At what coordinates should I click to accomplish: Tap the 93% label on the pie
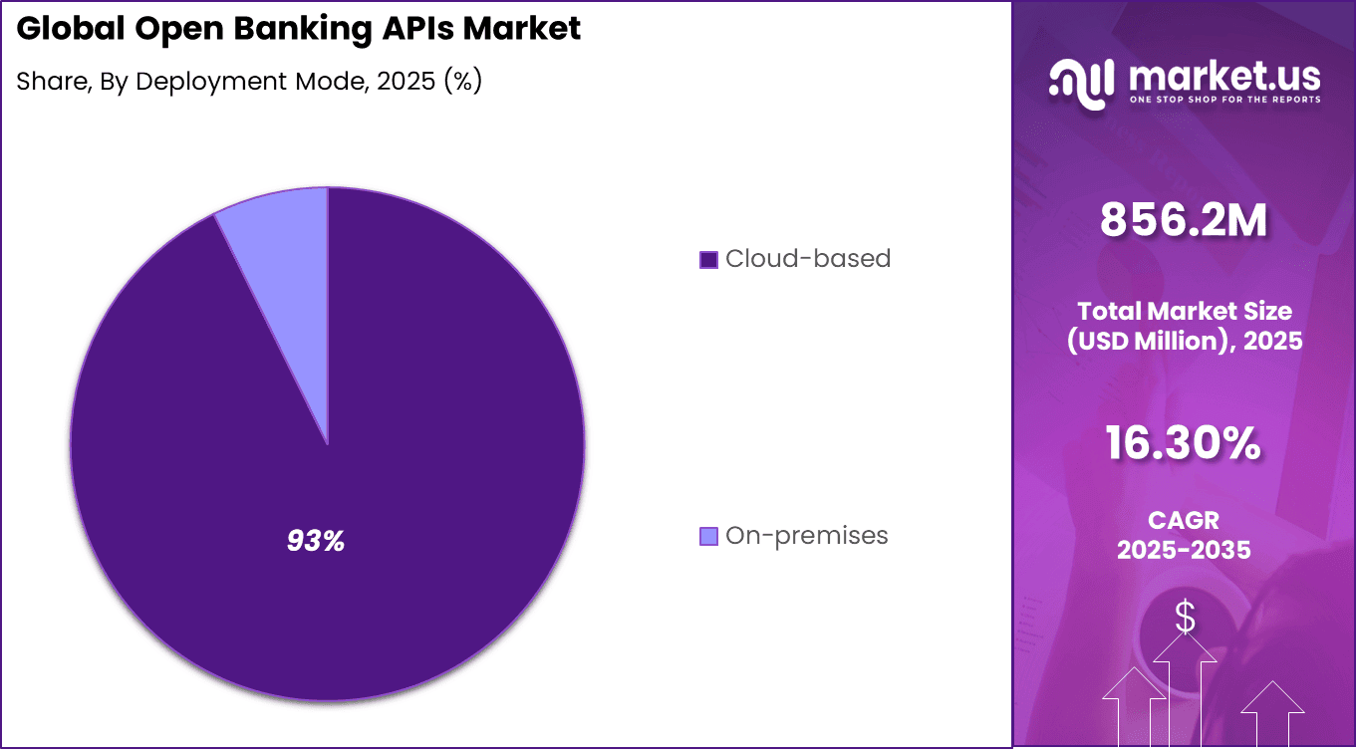pos(315,541)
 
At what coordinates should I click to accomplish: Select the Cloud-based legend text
pos(808,259)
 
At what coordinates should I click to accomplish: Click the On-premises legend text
pos(806,536)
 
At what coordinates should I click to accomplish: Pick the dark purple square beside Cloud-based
pos(709,260)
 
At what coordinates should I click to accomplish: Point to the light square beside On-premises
pos(709,537)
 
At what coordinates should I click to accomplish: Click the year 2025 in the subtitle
pos(404,82)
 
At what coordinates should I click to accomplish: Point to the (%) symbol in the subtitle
pos(462,82)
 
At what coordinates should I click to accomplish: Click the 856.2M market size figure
pos(1184,220)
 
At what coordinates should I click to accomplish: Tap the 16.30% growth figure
pos(1184,443)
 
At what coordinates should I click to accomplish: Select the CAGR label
pos(1184,520)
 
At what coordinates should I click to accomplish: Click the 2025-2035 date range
pos(1184,549)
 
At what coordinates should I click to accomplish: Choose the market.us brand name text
pos(1224,75)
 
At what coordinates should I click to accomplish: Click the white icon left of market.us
pos(1081,84)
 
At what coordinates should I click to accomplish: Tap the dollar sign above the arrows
pos(1185,618)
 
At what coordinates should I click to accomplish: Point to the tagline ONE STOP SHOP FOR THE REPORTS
pos(1224,100)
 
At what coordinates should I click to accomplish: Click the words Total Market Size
pos(1184,311)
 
